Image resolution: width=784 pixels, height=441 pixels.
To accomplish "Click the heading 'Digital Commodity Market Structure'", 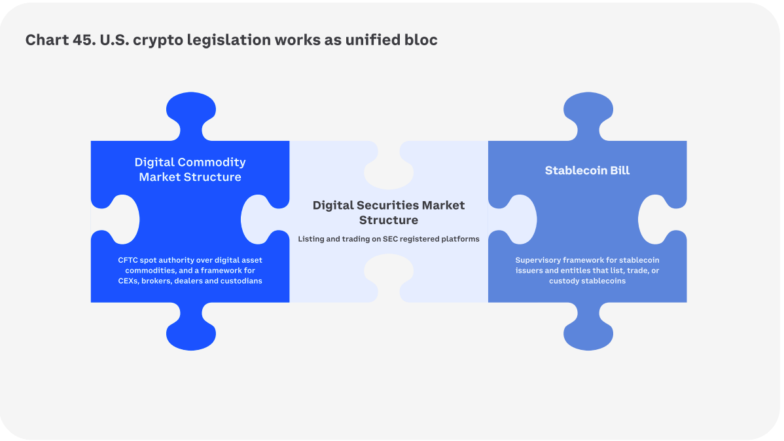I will pos(190,169).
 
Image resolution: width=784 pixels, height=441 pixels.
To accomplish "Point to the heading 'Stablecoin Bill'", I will pos(587,170).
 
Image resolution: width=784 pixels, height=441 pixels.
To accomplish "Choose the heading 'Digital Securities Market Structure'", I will pos(389,212).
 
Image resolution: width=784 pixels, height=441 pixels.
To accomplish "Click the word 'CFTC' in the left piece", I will pos(128,260).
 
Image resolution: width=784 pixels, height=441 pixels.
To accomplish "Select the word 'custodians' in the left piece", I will pos(242,281).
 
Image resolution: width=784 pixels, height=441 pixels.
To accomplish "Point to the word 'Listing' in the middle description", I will pos(311,239).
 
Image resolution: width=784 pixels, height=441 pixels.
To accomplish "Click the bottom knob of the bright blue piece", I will pos(190,331).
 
